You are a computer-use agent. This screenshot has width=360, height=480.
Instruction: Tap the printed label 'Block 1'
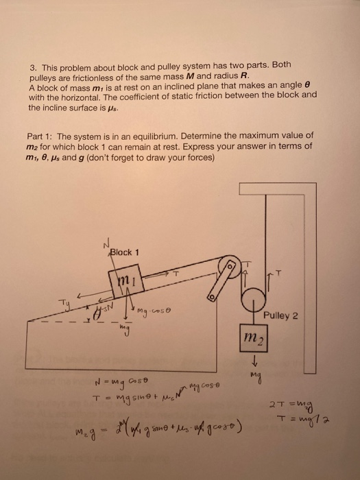(126, 251)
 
